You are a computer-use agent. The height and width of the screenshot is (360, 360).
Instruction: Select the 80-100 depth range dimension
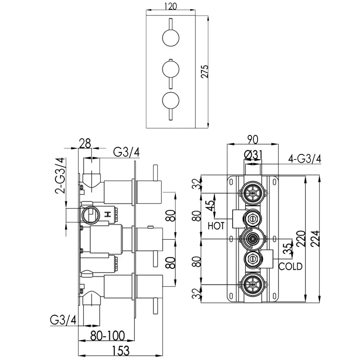point(108,336)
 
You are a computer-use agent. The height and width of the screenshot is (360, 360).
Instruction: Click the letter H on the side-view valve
point(107,215)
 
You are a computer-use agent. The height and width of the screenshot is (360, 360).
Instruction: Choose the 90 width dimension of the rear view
point(253,139)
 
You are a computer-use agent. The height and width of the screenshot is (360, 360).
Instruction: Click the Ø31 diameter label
point(253,155)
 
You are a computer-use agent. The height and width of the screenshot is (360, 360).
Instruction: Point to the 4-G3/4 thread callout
point(305,158)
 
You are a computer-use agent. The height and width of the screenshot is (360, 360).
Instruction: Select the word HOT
point(216,226)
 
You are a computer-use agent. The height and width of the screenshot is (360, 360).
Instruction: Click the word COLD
point(291,266)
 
